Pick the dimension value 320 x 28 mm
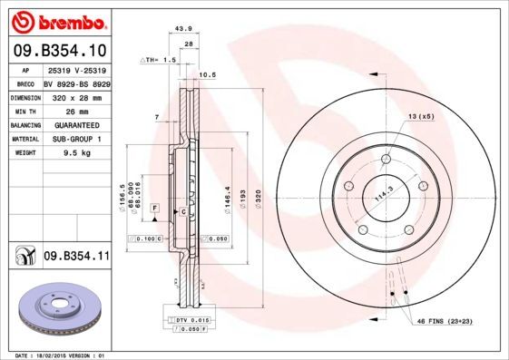[x=76, y=97]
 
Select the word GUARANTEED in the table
[x=76, y=126]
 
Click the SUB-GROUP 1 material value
[x=76, y=140]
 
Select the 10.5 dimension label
[x=206, y=74]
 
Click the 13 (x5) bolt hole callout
[x=420, y=117]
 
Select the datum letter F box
[x=155, y=209]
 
